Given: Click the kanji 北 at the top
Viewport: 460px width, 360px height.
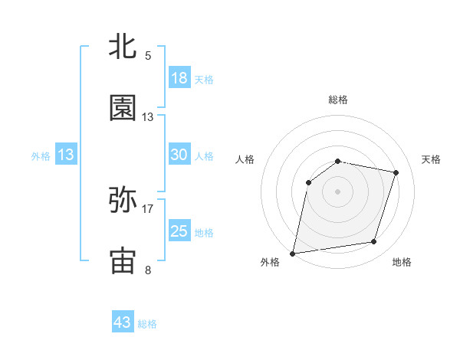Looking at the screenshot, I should [x=123, y=48].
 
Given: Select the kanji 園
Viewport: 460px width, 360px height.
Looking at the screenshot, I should [x=123, y=108].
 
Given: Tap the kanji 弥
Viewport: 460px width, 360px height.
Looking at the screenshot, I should [x=123, y=200].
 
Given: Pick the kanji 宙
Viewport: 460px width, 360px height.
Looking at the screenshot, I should [x=123, y=260].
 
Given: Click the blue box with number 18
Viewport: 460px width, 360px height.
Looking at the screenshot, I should [x=179, y=78].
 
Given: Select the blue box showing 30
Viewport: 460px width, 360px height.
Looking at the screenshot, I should [x=179, y=155].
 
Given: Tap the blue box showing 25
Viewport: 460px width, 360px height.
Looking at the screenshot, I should [x=179, y=231].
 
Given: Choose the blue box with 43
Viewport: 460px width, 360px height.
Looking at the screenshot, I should [x=123, y=322].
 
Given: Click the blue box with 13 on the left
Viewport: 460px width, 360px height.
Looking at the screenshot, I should [x=66, y=155].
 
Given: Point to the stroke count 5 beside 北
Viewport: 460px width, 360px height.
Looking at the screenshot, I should [x=148, y=56].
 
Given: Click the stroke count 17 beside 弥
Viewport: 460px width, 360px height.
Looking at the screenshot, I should [x=148, y=208].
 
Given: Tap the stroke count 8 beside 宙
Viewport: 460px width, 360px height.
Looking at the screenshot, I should [x=148, y=269].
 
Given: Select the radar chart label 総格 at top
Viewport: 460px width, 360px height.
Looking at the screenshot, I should [x=338, y=100].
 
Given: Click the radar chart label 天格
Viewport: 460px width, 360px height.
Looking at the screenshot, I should [x=431, y=159].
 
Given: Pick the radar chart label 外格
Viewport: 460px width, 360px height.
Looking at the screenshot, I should [x=270, y=262].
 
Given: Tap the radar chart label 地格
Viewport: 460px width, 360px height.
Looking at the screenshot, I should [x=402, y=262].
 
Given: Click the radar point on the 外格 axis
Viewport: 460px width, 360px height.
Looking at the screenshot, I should [x=293, y=253].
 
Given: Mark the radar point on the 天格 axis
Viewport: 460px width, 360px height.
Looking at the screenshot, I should [x=396, y=172].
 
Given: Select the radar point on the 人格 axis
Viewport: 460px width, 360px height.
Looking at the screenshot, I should [x=309, y=182].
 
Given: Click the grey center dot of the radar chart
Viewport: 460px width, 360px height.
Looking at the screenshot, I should [x=338, y=191].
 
